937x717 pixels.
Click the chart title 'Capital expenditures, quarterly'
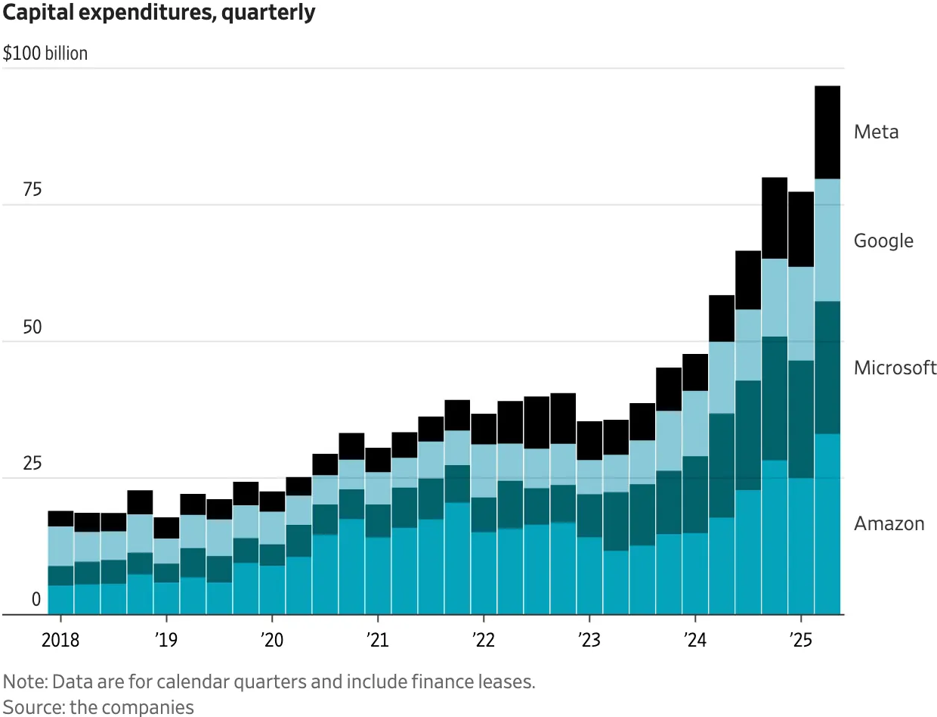[x=159, y=13]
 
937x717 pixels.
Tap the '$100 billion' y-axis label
[x=45, y=54]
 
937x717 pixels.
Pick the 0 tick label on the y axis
[x=36, y=600]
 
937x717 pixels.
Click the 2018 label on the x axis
[x=60, y=641]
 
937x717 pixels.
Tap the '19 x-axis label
[x=165, y=641]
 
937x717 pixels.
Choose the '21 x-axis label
[x=377, y=641]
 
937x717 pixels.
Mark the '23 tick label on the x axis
[x=589, y=641]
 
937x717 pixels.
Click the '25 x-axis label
[x=800, y=641]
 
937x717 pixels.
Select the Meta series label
[x=876, y=132]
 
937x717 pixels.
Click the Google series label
[x=883, y=241]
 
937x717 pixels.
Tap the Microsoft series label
[x=895, y=368]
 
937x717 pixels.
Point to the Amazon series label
[x=889, y=523]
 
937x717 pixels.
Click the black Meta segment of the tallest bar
[x=827, y=132]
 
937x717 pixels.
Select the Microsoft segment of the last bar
[x=827, y=367]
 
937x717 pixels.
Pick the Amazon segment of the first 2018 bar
[x=60, y=600]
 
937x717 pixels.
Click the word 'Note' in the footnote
[x=20, y=681]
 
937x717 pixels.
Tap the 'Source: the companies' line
[x=98, y=707]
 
